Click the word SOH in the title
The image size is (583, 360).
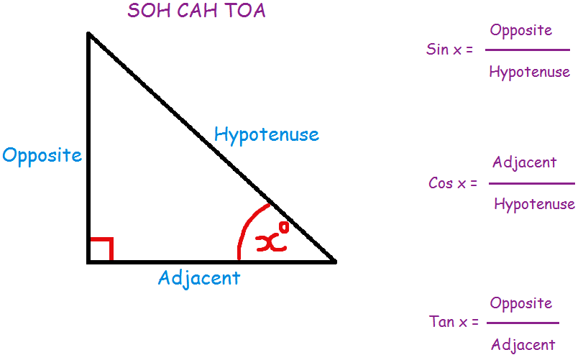tap(146, 11)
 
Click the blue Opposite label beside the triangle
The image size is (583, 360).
tap(42, 156)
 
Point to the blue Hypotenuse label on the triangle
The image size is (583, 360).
tap(267, 134)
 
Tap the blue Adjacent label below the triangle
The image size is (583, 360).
tap(199, 278)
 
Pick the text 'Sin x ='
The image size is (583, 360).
tap(450, 50)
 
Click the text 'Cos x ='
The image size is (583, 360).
tap(453, 183)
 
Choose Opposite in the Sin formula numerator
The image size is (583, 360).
tap(520, 30)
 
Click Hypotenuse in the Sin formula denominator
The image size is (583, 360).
tap(529, 72)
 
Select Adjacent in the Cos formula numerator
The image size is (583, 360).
tap(524, 162)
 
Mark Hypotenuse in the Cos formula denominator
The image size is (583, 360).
tap(534, 205)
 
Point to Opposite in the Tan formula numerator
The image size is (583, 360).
tap(520, 303)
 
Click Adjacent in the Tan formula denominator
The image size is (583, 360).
tap(523, 345)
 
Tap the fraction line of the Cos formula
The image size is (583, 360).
tap(532, 184)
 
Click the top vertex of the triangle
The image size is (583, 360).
tap(88, 34)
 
